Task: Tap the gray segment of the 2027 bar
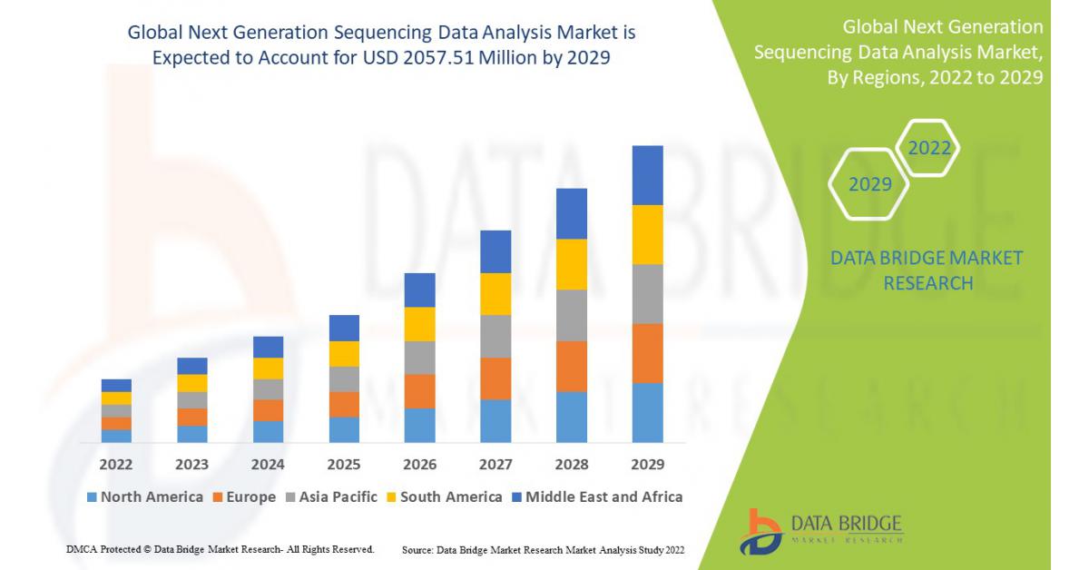(495, 336)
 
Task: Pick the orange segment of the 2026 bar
(419, 391)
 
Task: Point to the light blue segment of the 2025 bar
(344, 429)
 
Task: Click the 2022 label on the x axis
(116, 464)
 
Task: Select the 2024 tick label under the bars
(268, 464)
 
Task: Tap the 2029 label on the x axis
(647, 464)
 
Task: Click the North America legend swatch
(92, 497)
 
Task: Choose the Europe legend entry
(243, 496)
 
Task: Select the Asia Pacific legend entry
(332, 496)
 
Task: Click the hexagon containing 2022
(928, 148)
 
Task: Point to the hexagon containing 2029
(869, 184)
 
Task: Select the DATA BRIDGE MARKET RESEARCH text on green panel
(927, 270)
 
